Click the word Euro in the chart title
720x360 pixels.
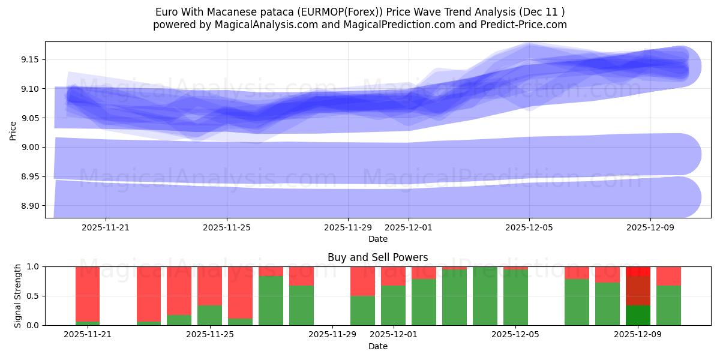(167, 12)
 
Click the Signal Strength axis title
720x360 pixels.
(18, 296)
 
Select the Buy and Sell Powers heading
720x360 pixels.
(377, 257)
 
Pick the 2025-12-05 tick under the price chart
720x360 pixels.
(529, 228)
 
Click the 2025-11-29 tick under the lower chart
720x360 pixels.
(332, 335)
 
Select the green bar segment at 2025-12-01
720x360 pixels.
(393, 305)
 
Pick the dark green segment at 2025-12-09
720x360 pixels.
(638, 315)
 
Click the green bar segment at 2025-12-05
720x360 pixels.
(515, 298)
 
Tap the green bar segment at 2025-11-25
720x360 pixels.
(209, 315)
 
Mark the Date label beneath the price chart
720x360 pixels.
(377, 239)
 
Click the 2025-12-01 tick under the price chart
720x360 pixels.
(409, 228)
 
